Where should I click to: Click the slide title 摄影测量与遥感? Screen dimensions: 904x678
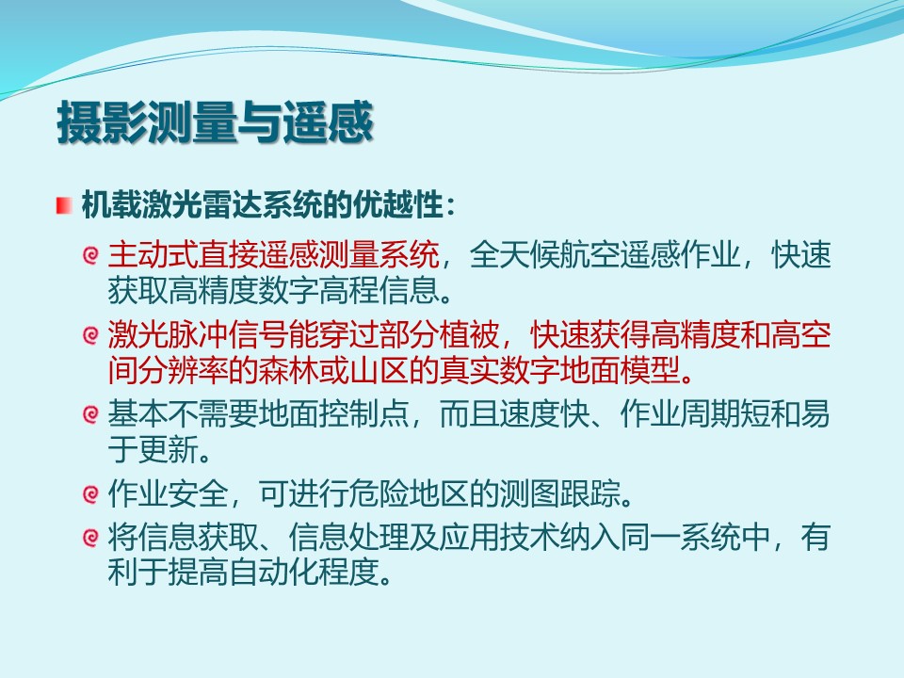click(215, 122)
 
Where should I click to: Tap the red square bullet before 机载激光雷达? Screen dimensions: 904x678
click(64, 206)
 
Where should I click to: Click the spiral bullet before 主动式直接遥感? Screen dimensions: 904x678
click(90, 255)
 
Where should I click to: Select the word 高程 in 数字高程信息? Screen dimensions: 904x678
click(348, 290)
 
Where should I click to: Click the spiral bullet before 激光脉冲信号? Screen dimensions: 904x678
click(90, 335)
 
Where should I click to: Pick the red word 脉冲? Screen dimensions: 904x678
click(198, 335)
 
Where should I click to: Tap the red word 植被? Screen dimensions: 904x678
click(469, 335)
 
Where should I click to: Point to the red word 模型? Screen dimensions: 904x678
click(651, 370)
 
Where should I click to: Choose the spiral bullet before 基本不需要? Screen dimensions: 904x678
click(90, 414)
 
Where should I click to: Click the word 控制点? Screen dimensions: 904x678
click(364, 414)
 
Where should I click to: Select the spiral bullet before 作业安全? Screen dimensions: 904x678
click(90, 494)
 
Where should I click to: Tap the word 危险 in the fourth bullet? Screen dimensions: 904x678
click(379, 493)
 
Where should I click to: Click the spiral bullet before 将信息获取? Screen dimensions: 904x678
click(90, 537)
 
